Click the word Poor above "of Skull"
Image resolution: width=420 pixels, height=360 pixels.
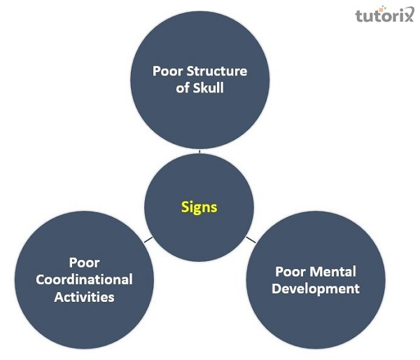point(169,71)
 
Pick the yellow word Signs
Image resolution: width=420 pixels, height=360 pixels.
point(199,207)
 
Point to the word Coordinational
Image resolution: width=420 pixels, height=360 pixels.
point(84,279)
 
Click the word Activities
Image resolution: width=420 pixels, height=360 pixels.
point(84,297)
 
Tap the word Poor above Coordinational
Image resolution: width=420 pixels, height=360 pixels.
point(84,263)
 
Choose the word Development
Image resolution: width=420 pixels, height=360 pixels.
point(316,289)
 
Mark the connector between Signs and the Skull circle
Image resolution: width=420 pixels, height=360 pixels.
point(199,151)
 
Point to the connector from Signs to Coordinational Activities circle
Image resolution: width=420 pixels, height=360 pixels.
point(148,240)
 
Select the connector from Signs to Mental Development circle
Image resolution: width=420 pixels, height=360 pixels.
point(251,240)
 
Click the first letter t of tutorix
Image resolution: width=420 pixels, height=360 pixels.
point(359,15)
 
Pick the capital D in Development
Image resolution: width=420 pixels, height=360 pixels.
point(276,289)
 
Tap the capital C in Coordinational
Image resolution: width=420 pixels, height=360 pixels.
point(40,279)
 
